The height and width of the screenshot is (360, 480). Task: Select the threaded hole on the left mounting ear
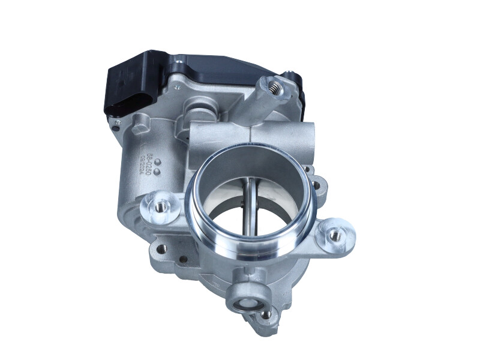click(160, 206)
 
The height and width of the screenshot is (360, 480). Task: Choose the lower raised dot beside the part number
click(157, 172)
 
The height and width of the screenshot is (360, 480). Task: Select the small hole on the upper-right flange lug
click(308, 170)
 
